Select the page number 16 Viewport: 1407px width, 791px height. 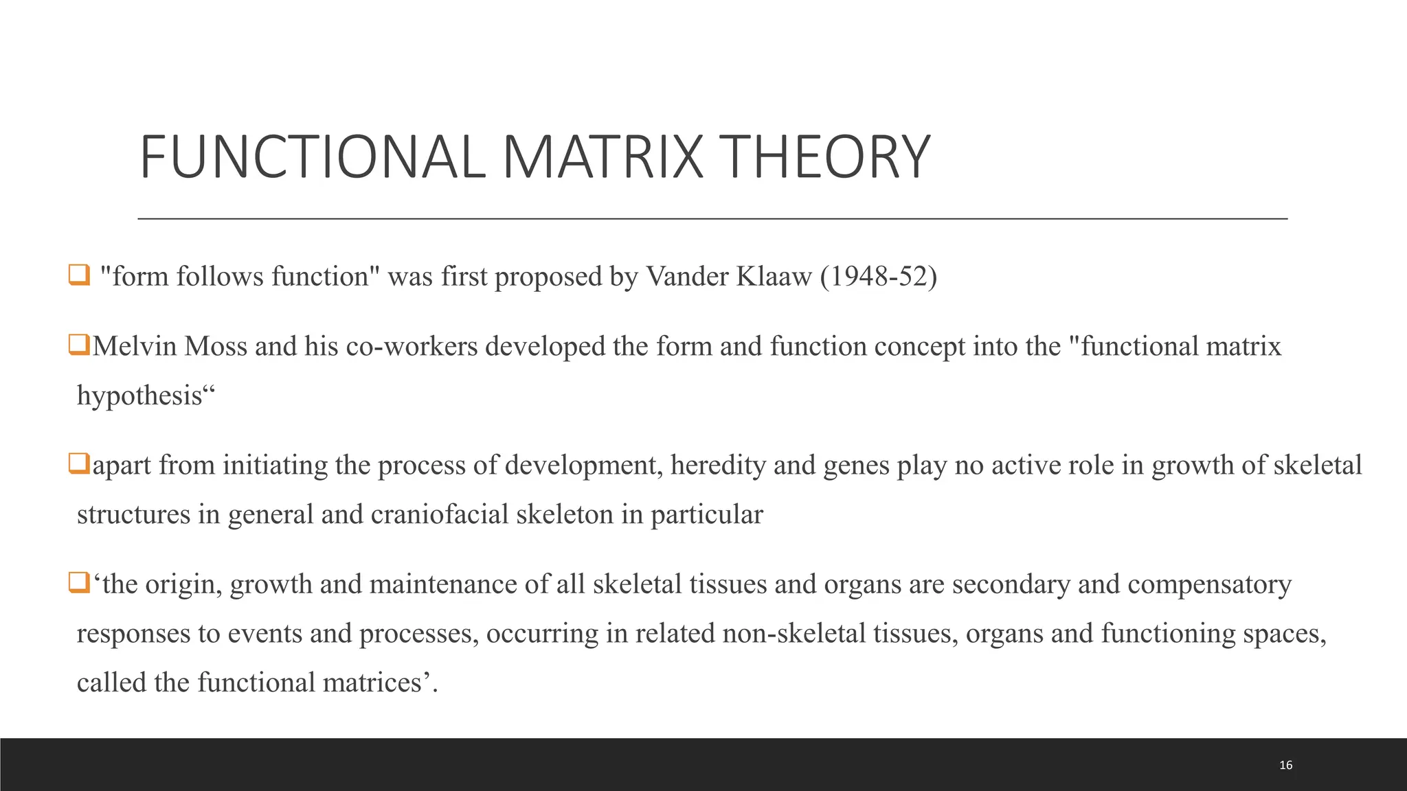click(x=1286, y=765)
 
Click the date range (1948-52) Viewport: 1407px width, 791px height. click(x=878, y=276)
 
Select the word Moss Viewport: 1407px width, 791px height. click(x=216, y=346)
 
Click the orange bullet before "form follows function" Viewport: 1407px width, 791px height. click(x=79, y=275)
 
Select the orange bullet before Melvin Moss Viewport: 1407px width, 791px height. click(x=79, y=345)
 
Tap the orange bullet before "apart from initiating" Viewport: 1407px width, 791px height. click(x=79, y=464)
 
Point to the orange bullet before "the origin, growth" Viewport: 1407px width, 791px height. click(x=79, y=583)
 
